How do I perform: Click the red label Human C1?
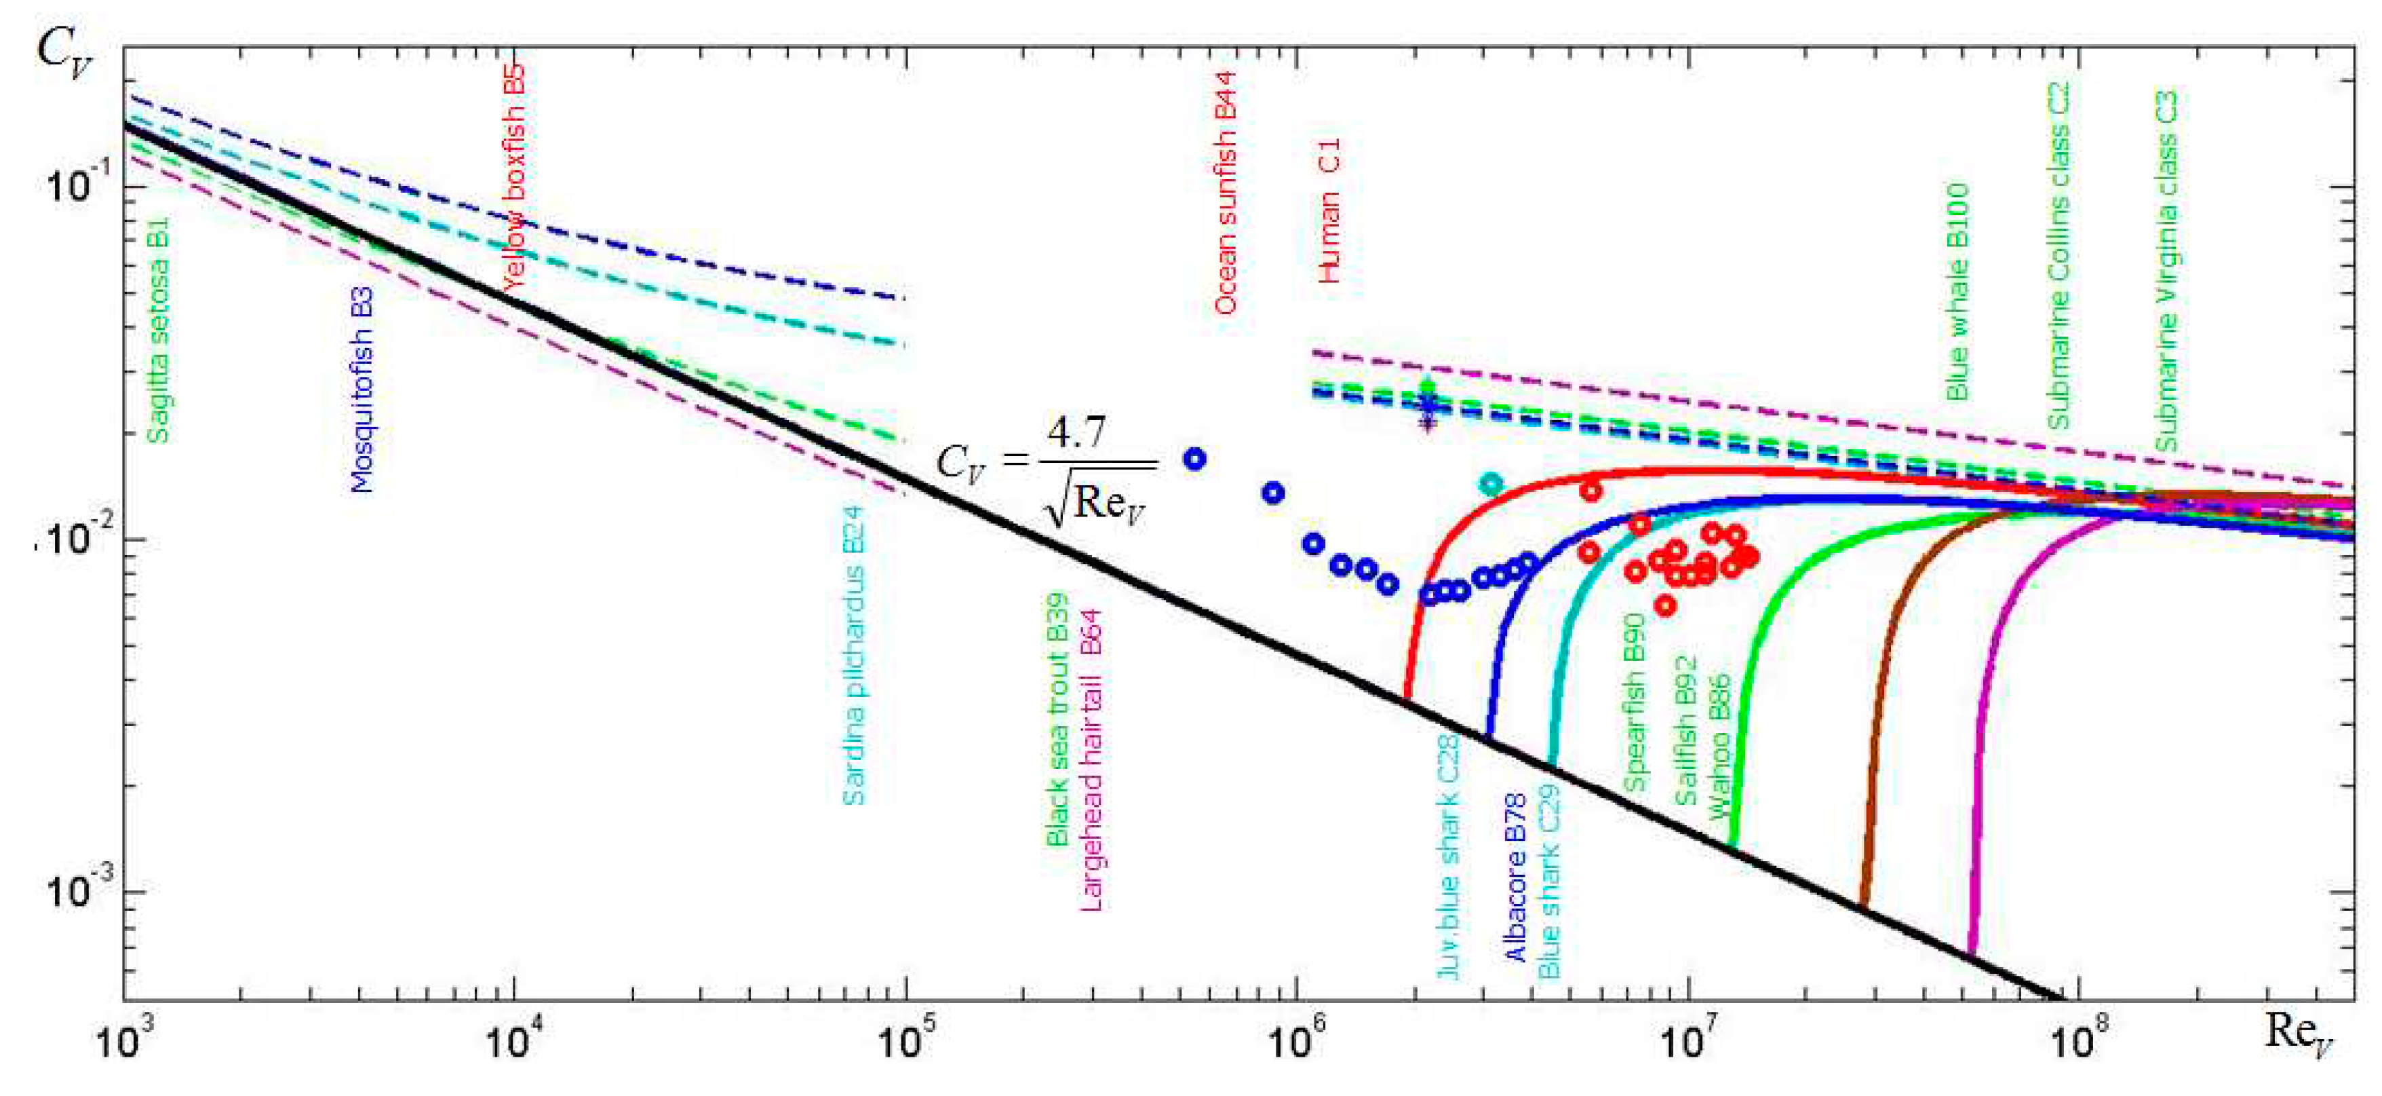click(1329, 211)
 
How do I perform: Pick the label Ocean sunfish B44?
click(1225, 194)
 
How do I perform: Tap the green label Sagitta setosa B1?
click(158, 330)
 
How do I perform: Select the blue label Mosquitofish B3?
click(362, 390)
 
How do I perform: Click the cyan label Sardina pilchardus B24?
click(853, 654)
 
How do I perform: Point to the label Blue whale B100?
click(1957, 291)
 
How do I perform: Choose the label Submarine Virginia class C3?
click(2166, 270)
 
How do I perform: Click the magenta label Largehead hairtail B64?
click(1092, 760)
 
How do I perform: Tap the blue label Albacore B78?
click(1517, 877)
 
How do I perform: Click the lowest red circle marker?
click(1664, 606)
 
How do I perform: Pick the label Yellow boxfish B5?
click(515, 176)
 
